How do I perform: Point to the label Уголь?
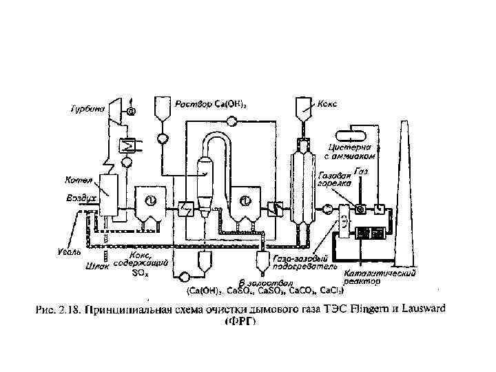[70, 247]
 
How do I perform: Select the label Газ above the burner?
[360, 170]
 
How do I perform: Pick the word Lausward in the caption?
[417, 309]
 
